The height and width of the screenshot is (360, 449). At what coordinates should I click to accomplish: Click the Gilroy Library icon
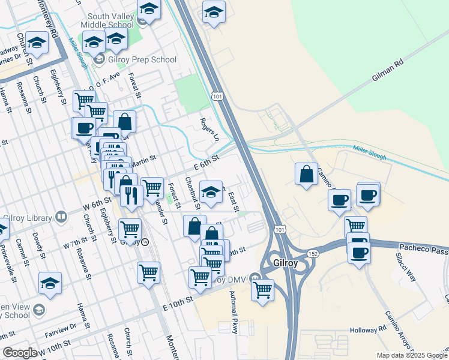(x=61, y=217)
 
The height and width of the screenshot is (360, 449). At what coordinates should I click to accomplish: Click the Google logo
(x=20, y=353)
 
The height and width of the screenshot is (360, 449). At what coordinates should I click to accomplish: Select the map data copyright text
(x=411, y=355)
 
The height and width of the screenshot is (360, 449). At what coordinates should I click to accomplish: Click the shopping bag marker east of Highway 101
(x=306, y=175)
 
